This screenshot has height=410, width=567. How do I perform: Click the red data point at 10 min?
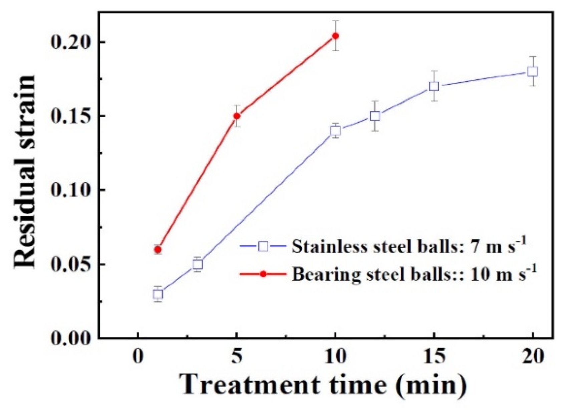pyautogui.click(x=335, y=36)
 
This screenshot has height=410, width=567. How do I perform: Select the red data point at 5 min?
pyautogui.click(x=237, y=116)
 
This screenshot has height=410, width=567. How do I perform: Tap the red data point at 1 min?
pyautogui.click(x=158, y=249)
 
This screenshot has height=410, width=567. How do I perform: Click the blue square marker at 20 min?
pyautogui.click(x=533, y=71)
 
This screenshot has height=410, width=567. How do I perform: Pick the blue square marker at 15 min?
pyautogui.click(x=434, y=86)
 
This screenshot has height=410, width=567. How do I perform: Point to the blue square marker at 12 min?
pyautogui.click(x=375, y=116)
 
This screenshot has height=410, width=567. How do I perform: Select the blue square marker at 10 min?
pyautogui.click(x=335, y=131)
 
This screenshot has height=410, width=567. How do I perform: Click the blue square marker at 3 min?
pyautogui.click(x=198, y=264)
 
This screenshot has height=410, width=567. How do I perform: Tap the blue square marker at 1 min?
pyautogui.click(x=158, y=294)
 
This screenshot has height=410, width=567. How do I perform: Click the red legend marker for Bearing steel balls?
pyautogui.click(x=263, y=274)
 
